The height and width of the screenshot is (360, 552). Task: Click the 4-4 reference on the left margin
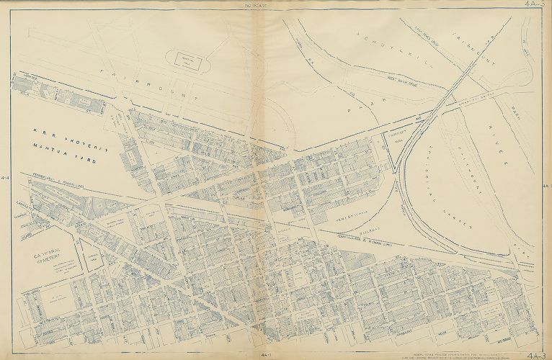(6, 177)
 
